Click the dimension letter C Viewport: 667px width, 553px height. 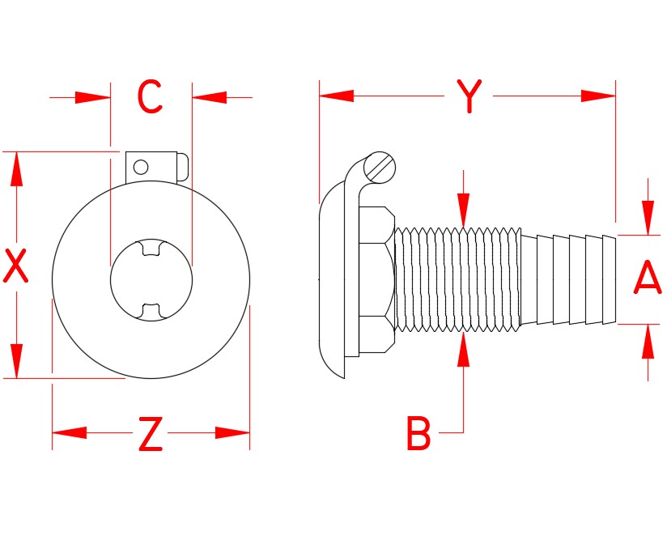(151, 97)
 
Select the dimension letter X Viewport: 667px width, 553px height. (16, 266)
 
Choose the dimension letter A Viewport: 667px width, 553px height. (647, 279)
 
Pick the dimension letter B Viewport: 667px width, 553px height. (418, 434)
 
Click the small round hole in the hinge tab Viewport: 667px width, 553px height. (141, 167)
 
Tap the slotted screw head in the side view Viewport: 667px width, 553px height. (380, 168)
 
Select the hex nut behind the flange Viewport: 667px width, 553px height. (374, 280)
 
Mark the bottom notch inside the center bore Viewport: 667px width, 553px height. (151, 311)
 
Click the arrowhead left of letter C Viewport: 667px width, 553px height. (92, 97)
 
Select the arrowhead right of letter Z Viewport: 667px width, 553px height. (233, 432)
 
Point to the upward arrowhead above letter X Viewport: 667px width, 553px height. (16, 170)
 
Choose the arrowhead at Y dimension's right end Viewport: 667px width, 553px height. (598, 96)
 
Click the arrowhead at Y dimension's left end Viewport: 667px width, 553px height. (337, 96)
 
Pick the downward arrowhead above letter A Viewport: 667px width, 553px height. (648, 217)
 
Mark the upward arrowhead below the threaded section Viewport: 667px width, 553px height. (463, 350)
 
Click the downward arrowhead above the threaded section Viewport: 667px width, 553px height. (463, 211)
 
